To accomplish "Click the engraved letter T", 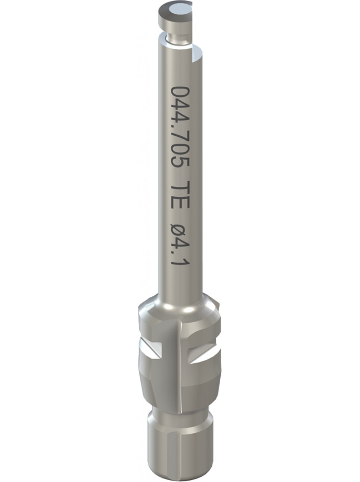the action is (x=180, y=186).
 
